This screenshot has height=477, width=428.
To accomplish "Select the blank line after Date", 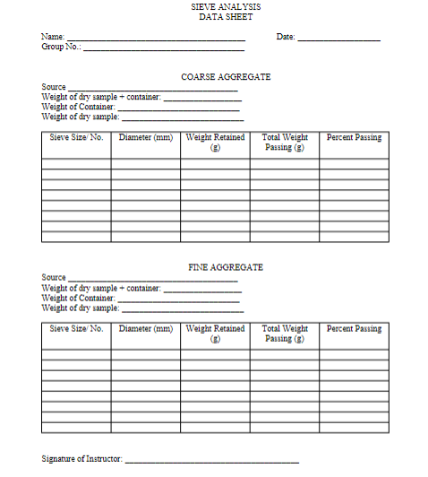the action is (x=338, y=39).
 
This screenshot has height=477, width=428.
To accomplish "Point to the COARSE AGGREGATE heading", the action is (x=226, y=77).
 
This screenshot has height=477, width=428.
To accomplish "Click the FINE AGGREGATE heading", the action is (x=226, y=267).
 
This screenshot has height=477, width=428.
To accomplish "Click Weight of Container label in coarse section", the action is (x=78, y=107).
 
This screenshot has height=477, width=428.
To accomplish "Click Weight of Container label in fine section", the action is (x=78, y=298).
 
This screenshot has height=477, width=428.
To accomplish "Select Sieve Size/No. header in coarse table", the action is (x=77, y=138).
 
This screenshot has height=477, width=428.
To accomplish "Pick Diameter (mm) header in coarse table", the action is (x=146, y=138).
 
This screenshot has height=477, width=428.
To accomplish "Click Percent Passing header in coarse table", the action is (x=354, y=138).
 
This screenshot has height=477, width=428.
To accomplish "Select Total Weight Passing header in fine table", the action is (x=285, y=333).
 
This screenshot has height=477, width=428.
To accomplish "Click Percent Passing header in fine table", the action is (x=354, y=329).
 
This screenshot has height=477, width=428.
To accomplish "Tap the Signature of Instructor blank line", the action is (x=211, y=460).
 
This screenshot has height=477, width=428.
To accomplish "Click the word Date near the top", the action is (x=286, y=37).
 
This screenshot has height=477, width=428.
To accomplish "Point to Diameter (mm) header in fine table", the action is (x=146, y=329).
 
